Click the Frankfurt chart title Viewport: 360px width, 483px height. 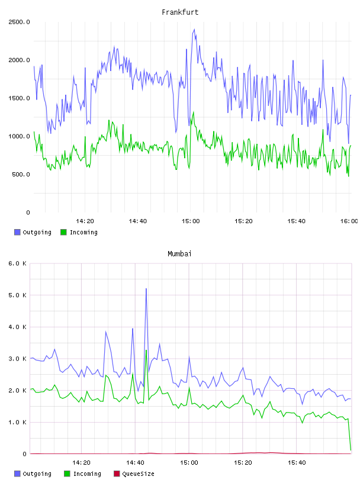tap(180, 12)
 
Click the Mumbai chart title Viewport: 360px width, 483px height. tap(179, 254)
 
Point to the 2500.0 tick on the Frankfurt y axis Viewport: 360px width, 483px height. tap(19, 22)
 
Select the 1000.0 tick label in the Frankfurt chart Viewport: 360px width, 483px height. tap(19, 136)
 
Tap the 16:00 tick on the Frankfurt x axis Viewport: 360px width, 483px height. tap(349, 221)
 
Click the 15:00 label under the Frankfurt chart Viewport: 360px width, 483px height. tap(191, 221)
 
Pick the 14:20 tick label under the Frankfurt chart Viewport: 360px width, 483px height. tap(85, 221)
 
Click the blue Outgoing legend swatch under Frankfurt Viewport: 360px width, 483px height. tap(17, 232)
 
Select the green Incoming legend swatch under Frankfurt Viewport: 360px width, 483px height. tap(63, 232)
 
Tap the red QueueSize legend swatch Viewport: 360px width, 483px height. tap(117, 474)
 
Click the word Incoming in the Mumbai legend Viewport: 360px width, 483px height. tap(87, 474)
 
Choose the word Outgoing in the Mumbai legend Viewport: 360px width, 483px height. tap(37, 474)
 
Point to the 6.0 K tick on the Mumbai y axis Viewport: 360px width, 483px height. tap(17, 263)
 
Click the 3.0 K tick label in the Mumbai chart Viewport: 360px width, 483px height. tap(17, 359)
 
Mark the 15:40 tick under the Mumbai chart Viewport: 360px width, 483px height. tap(297, 463)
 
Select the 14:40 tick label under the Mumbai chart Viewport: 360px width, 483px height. tap(135, 463)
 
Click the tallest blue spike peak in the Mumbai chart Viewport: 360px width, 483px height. tap(146, 289)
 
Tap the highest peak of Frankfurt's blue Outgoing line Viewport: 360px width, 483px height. tap(194, 30)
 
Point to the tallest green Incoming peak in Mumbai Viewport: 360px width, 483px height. tap(146, 350)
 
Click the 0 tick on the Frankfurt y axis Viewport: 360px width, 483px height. tap(28, 212)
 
